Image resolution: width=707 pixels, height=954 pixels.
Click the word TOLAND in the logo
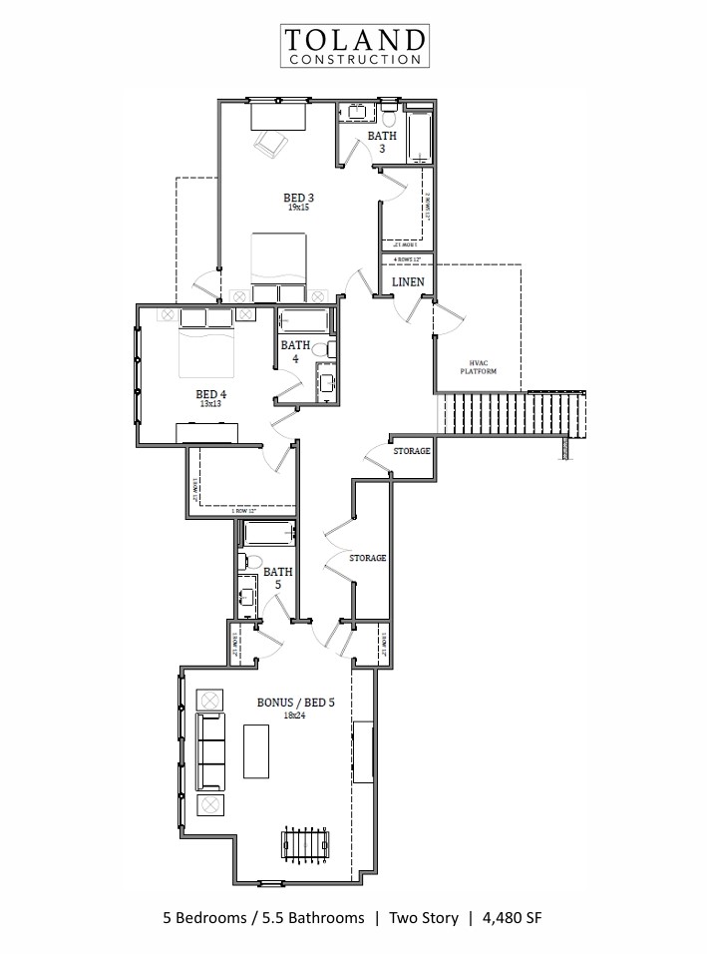tap(355, 41)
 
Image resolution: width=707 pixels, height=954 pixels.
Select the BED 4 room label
tap(210, 393)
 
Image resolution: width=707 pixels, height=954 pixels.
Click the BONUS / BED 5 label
tap(296, 703)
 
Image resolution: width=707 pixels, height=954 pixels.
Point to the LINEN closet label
tap(408, 282)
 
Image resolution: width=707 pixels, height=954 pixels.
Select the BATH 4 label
tap(294, 351)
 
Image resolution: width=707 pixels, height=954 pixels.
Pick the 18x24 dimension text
tap(296, 715)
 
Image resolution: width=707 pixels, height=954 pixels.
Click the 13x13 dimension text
tap(210, 405)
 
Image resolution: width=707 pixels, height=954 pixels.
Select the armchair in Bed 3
tap(269, 144)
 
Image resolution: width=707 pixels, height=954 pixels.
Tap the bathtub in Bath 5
tap(269, 534)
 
